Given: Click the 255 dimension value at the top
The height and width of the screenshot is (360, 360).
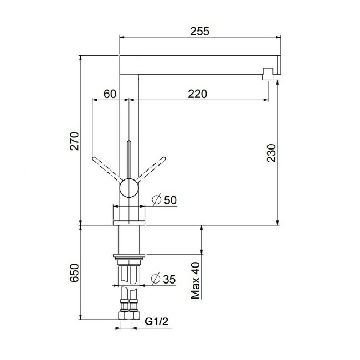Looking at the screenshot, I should point(200,31).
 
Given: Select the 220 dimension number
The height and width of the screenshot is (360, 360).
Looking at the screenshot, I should point(197,94).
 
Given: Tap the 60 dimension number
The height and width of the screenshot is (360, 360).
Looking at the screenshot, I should point(110,94).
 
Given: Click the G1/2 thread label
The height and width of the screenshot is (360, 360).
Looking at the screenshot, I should point(156,321).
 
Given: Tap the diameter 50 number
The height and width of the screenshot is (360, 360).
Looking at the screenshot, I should point(170,199).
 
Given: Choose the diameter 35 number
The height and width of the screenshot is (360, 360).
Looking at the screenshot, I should point(170,279).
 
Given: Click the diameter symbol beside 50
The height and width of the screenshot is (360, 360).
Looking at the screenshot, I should point(156,199).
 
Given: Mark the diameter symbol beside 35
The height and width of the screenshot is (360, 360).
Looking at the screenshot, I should point(156,279).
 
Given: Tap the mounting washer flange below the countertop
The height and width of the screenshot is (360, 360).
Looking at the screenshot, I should point(128,256).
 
